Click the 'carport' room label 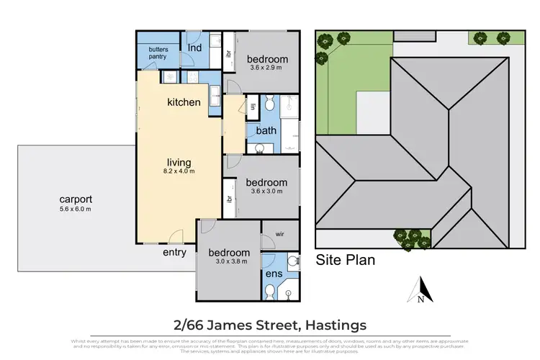76,199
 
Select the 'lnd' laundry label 194,48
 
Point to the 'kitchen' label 184,102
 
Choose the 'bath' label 266,130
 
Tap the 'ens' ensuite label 274,274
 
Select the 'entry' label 174,252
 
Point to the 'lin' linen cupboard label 253,108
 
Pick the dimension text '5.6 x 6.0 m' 76,210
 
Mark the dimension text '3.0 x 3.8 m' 229,262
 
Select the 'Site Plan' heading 346,260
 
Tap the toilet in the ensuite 271,292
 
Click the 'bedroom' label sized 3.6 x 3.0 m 267,183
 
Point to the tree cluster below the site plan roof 410,236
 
